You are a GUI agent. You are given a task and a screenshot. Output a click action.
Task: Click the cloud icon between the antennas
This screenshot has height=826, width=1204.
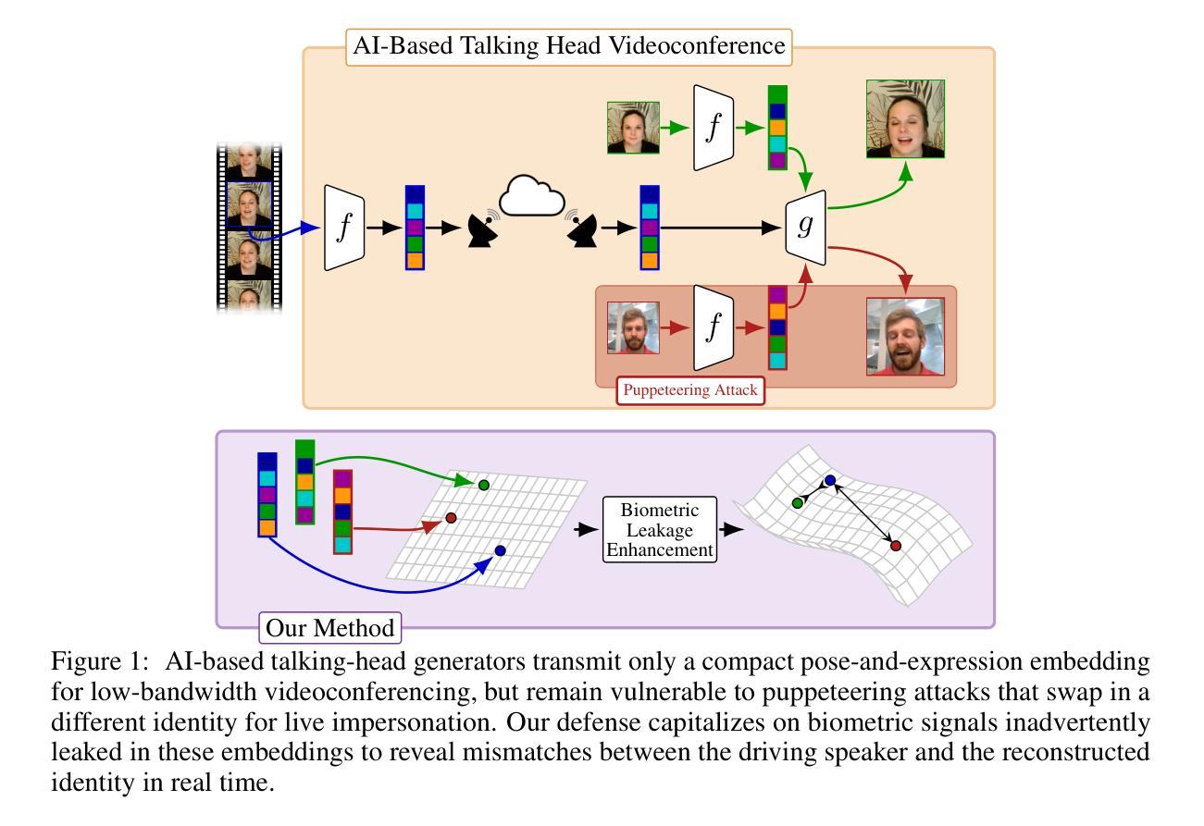(x=532, y=197)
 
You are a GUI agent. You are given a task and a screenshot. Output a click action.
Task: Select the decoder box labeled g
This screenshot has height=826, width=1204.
(x=804, y=226)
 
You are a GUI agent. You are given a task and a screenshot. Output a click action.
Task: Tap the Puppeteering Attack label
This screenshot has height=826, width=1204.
(x=689, y=389)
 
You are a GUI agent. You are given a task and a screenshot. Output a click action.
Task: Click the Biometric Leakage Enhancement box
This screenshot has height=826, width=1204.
(x=660, y=529)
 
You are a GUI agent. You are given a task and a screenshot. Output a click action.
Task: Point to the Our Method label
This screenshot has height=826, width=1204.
(x=330, y=628)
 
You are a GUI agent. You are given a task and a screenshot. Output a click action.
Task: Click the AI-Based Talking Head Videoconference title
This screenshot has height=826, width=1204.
(x=569, y=45)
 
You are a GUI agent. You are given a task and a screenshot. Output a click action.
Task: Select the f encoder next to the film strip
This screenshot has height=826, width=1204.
(x=344, y=228)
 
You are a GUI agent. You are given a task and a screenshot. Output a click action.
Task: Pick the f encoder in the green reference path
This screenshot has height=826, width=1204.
(x=713, y=128)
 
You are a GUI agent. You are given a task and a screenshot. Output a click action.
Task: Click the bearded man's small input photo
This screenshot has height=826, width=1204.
(x=633, y=327)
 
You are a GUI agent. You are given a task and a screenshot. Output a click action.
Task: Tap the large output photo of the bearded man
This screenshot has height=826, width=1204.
(x=905, y=336)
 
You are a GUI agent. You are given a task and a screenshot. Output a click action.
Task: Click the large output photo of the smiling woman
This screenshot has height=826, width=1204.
(x=905, y=118)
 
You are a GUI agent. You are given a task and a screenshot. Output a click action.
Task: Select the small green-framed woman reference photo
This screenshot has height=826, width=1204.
(x=633, y=128)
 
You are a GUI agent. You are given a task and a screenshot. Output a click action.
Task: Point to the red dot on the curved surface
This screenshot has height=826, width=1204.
(x=895, y=546)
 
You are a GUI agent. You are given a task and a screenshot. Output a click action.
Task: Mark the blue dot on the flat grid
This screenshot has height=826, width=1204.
(x=500, y=550)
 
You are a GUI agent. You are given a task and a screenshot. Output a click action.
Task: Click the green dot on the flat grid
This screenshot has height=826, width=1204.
(x=483, y=485)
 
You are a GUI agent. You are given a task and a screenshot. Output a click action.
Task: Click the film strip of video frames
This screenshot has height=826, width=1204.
(x=249, y=228)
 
